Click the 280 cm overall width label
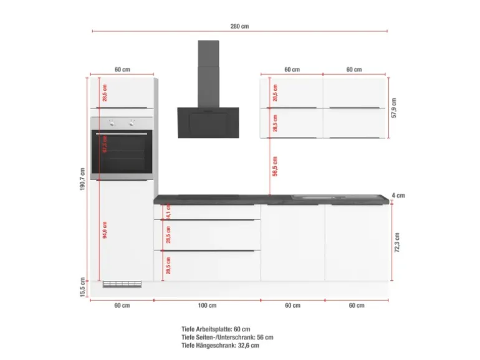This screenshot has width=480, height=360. click(239, 26)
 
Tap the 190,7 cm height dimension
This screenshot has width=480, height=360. click(82, 181)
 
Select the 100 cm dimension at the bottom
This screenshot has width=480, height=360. click(207, 305)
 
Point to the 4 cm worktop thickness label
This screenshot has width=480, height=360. click(398, 196)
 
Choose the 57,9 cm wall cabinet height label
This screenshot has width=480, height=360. click(394, 107)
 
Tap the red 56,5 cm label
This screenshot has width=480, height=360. click(275, 166)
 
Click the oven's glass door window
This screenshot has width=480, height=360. click(122, 154)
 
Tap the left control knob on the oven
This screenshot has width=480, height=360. click(112, 123)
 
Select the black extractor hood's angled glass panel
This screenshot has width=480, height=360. click(208, 122)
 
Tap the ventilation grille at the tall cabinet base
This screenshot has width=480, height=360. click(122, 284)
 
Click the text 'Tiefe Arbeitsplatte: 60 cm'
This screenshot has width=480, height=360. click(216, 329)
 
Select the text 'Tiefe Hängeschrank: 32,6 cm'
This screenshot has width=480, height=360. click(220, 345)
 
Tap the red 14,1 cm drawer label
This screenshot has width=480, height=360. click(168, 212)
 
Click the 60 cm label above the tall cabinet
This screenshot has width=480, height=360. click(122, 70)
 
